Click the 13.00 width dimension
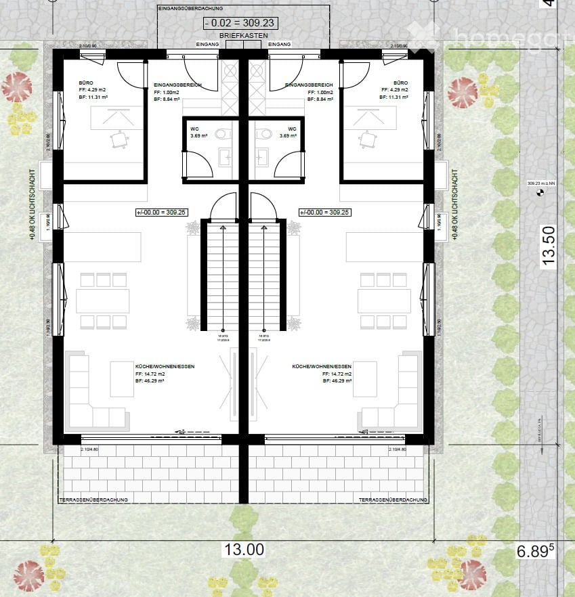click(x=244, y=549)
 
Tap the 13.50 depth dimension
click(x=549, y=245)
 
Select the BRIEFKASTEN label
click(x=243, y=35)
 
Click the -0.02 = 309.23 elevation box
click(x=243, y=22)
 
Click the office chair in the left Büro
click(x=120, y=139)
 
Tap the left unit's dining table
click(x=102, y=301)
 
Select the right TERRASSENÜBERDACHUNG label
click(x=393, y=500)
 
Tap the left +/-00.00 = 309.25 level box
click(x=161, y=212)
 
